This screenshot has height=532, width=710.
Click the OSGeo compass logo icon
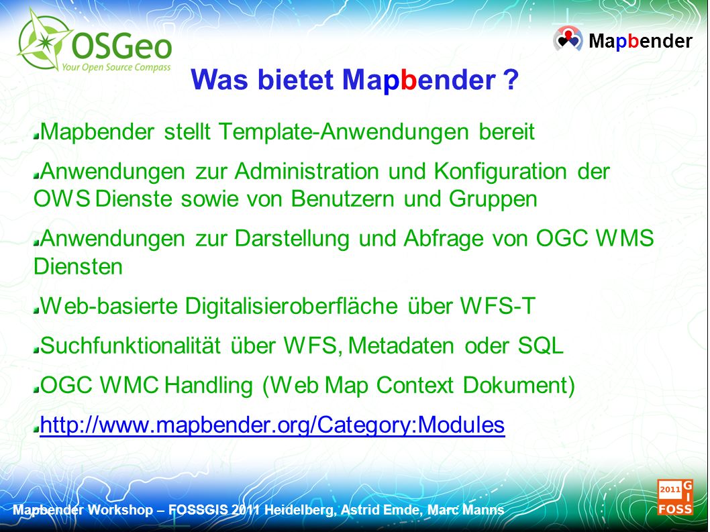click(44, 41)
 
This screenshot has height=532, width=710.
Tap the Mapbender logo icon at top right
click(568, 40)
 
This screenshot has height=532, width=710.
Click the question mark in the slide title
click(511, 80)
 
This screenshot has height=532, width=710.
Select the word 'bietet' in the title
click(296, 80)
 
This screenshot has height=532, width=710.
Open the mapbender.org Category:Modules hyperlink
click(272, 425)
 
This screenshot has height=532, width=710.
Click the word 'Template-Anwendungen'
click(344, 131)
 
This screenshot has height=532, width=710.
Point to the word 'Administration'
click(307, 172)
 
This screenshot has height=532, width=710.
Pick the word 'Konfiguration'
click(501, 172)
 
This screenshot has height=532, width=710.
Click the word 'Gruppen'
click(493, 199)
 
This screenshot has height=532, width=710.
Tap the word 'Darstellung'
click(292, 239)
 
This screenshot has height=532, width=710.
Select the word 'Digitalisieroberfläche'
click(291, 306)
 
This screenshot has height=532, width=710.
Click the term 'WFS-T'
click(498, 306)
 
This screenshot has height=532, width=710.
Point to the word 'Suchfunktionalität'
click(130, 346)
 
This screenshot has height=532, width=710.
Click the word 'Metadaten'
click(401, 346)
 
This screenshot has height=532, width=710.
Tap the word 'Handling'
click(208, 386)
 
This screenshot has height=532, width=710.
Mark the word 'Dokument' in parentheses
click(515, 385)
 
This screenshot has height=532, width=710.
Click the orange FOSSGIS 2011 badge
click(675, 498)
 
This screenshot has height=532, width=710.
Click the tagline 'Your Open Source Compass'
click(116, 68)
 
